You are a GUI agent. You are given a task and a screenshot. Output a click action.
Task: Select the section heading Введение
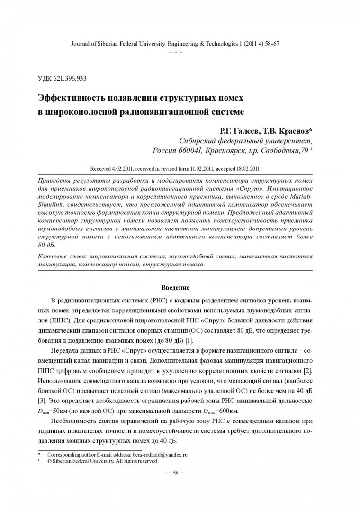point(175,288)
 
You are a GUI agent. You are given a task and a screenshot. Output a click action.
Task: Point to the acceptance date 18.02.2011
point(247,168)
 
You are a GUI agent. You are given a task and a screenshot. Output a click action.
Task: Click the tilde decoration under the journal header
point(175,51)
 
